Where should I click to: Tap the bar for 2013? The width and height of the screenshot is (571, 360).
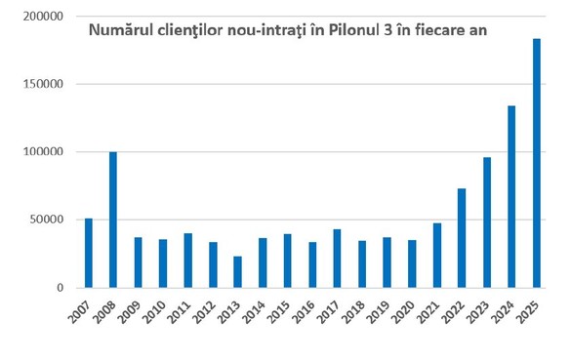pos(237,272)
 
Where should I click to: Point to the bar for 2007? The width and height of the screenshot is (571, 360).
pos(89,253)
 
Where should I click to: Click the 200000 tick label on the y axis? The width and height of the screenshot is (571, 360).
pos(41,17)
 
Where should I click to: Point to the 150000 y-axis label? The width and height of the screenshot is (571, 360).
pos(41,84)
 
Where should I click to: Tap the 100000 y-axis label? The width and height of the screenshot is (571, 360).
pos(41,152)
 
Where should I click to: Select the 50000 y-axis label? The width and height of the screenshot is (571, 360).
pos(44,220)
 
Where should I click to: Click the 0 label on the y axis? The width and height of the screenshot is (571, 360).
pos(59,288)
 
